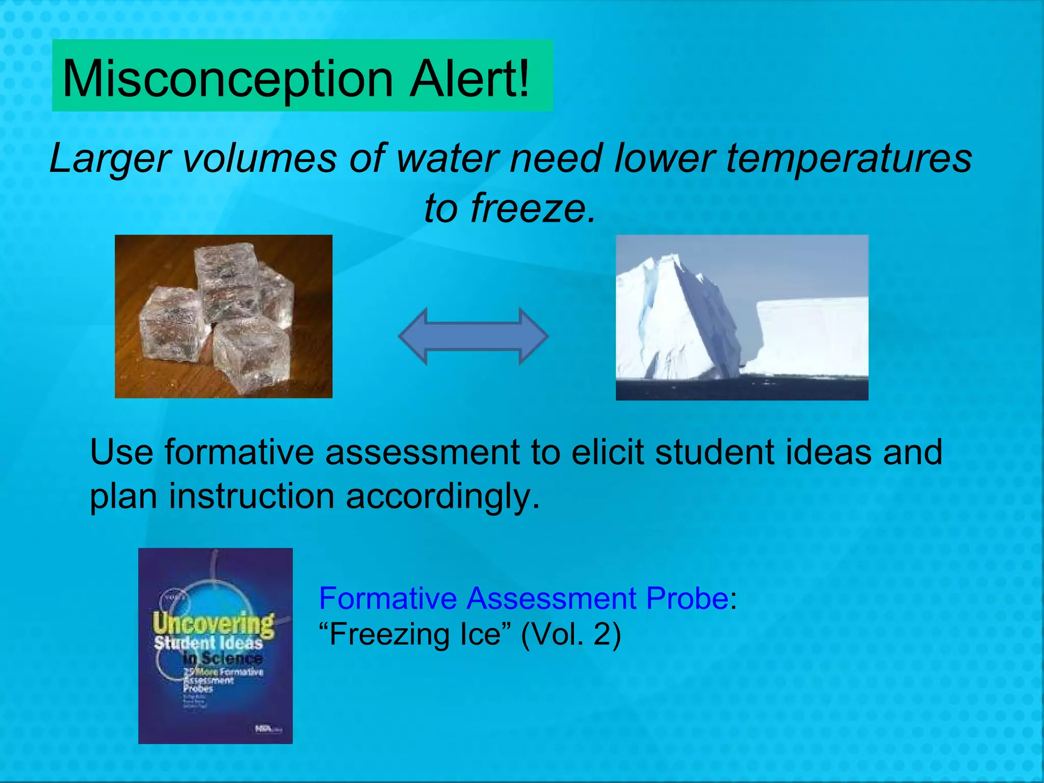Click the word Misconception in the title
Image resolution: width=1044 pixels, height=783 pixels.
pos(227,79)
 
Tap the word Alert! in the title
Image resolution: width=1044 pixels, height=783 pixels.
pos(470,79)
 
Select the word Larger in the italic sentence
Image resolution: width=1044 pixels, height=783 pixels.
pos(109,159)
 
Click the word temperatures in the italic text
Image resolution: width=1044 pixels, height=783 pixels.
pos(848,159)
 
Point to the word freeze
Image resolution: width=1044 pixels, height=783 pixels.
pos(533,208)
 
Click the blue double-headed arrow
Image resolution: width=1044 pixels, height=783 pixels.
pos(473,336)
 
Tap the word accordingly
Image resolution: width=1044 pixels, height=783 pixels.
pos(442,497)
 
